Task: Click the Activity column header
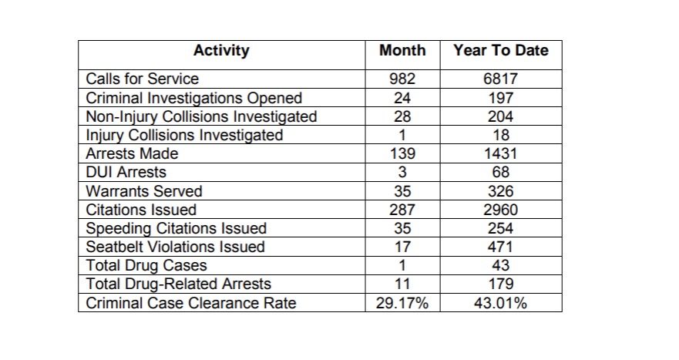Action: tap(221, 50)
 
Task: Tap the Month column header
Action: tap(402, 50)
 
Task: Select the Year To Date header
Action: tap(501, 50)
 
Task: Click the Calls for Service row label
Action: tap(142, 79)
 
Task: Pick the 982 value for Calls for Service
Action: tap(402, 79)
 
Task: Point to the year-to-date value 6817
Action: tap(501, 79)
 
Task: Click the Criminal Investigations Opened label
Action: tap(194, 98)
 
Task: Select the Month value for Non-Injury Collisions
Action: tap(402, 116)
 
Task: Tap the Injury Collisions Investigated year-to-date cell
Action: tap(501, 135)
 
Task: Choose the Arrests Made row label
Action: tap(132, 154)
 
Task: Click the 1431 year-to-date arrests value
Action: tap(501, 154)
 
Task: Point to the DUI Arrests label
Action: tap(126, 173)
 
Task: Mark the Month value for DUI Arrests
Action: tap(402, 173)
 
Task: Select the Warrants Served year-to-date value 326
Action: tap(501, 191)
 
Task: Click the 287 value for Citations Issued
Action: tap(402, 210)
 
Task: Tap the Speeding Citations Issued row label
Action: tap(176, 229)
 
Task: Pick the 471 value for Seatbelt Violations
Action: tap(501, 247)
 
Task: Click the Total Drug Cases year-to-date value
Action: tap(501, 265)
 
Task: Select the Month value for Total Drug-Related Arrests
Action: tap(402, 284)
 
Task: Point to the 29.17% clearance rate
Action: tap(402, 303)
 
